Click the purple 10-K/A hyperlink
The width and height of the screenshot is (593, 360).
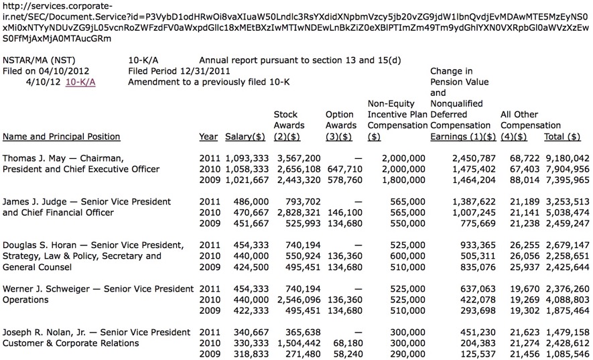coord(80,82)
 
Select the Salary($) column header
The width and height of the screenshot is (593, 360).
coord(245,136)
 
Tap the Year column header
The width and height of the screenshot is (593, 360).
coord(208,136)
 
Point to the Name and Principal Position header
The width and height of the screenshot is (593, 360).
coord(62,136)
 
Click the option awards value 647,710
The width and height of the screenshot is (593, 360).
coord(343,168)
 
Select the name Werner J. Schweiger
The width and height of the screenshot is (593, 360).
coord(44,289)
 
